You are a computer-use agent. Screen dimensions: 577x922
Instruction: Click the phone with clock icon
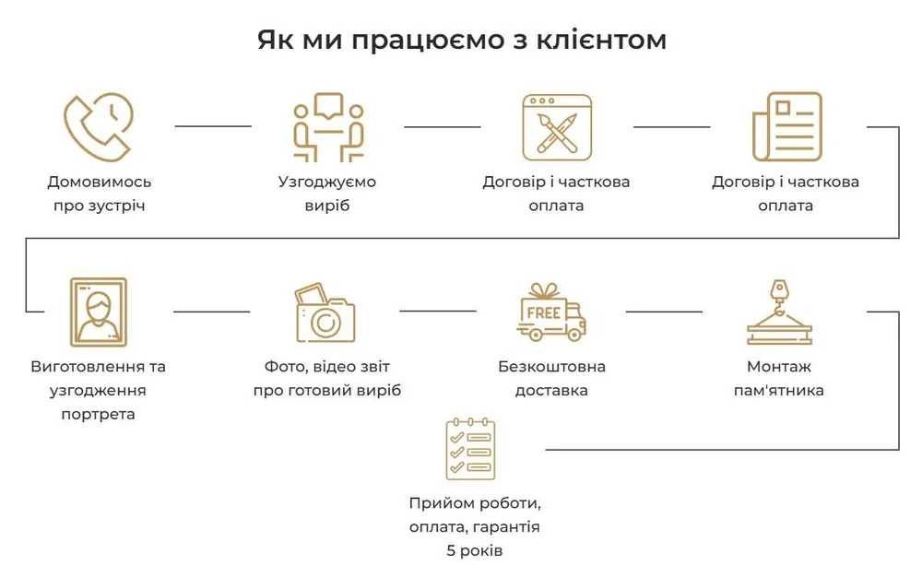click(x=99, y=126)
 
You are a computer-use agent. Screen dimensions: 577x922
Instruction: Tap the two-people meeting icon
click(x=327, y=126)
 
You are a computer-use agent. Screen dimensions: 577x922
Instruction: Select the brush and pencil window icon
click(x=557, y=126)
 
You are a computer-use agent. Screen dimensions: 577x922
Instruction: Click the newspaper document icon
click(x=786, y=126)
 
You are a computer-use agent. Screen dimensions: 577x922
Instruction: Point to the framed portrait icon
click(x=99, y=312)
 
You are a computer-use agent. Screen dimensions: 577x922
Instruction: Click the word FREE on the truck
click(x=543, y=312)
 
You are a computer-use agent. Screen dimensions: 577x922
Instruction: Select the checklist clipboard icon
click(x=470, y=449)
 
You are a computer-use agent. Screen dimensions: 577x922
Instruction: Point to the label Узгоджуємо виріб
click(x=327, y=194)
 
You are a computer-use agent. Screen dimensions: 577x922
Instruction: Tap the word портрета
click(x=99, y=414)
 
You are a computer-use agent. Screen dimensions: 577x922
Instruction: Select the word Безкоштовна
click(x=551, y=367)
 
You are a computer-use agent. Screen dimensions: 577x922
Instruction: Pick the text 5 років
click(x=474, y=551)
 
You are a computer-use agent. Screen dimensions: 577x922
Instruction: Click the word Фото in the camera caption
click(x=283, y=367)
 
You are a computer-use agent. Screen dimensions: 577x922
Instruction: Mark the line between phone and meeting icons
click(x=213, y=126)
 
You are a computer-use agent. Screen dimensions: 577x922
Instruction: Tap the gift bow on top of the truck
click(x=550, y=289)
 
